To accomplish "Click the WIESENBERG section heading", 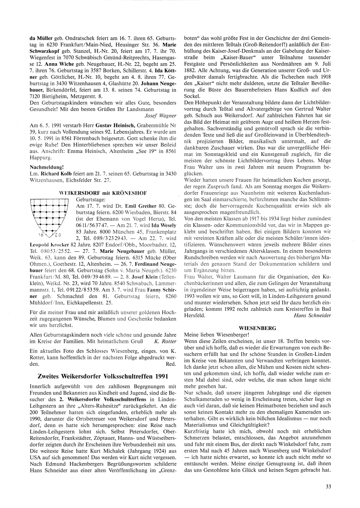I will pyautogui.click(x=257, y=328).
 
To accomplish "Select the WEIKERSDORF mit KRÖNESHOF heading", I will pyautogui.click(x=103, y=193).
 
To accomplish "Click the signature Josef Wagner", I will pyautogui.click(x=160, y=115).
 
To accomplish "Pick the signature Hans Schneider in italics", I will pyautogui.click(x=312, y=315).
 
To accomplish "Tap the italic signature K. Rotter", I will pyautogui.click(x=165, y=341).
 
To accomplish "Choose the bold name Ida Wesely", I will pyautogui.click(x=165, y=226).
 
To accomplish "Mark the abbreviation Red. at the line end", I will pyautogui.click(x=171, y=364).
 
